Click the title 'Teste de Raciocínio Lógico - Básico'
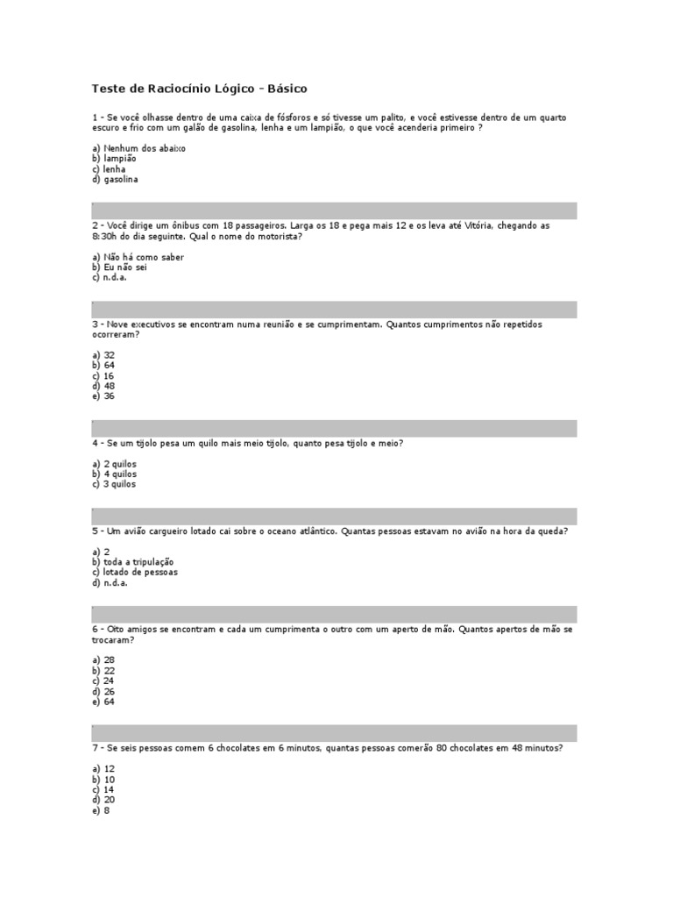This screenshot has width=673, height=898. pos(200,89)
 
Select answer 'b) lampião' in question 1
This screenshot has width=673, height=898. pos(114,159)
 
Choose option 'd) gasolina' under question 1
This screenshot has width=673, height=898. pos(115,180)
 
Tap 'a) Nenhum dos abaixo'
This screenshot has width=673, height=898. pos(138,148)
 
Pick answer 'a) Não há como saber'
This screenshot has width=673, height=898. pos(138,257)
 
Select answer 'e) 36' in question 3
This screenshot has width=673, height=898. pos(103,396)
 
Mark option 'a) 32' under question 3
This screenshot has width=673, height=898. pos(103,354)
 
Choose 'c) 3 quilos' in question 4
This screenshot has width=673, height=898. pos(114,484)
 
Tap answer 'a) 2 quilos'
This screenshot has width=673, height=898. pos(114,463)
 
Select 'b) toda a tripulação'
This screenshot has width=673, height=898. pos(132,561)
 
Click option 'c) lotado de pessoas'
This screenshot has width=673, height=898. pos(134,572)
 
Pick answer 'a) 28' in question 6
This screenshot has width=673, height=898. pos(103,659)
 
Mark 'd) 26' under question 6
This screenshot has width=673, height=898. pos(103,691)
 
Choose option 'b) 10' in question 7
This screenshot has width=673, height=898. pos(103,779)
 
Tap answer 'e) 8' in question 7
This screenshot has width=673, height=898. pos(100,810)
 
